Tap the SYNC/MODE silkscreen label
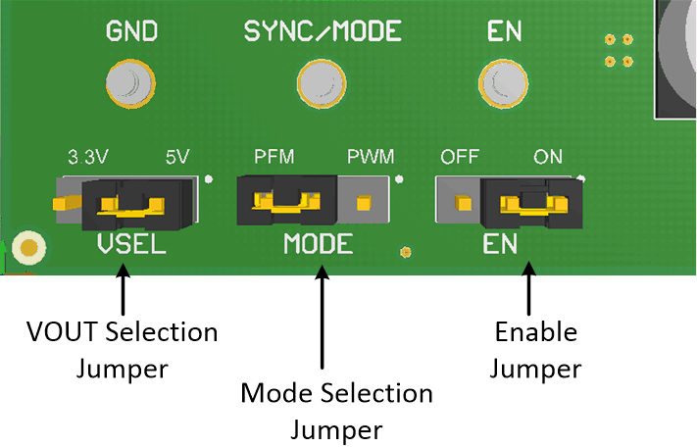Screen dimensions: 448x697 (x=323, y=31)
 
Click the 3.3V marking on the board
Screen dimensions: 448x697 (x=87, y=157)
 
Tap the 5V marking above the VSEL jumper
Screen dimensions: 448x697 (x=177, y=157)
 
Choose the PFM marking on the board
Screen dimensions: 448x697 (x=274, y=157)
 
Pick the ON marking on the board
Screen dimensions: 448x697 (x=548, y=157)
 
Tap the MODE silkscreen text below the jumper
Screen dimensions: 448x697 (x=318, y=244)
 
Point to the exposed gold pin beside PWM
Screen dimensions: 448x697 (x=365, y=204)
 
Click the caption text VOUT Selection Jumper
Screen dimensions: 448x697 (x=122, y=350)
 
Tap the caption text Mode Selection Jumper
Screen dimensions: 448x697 (x=336, y=411)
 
